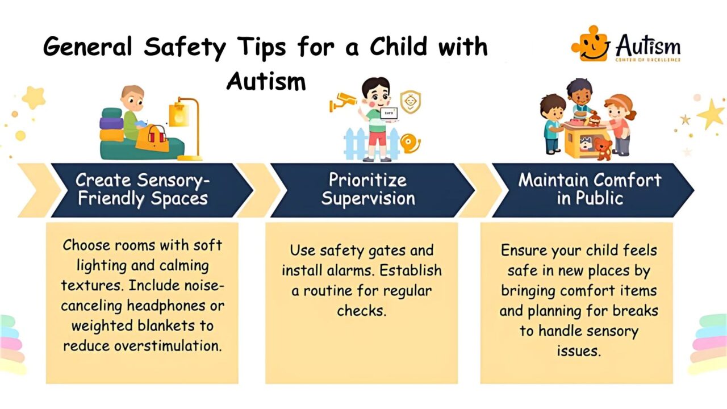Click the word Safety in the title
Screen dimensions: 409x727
coord(176,47)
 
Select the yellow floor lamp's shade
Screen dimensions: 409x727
coord(179,115)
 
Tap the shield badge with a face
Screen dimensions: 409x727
coord(410,102)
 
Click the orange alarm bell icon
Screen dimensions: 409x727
coord(409,142)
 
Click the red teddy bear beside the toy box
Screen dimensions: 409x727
coord(603,149)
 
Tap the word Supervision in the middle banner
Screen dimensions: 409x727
coord(368,199)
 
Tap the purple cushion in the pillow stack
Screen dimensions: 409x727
coord(111,123)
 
